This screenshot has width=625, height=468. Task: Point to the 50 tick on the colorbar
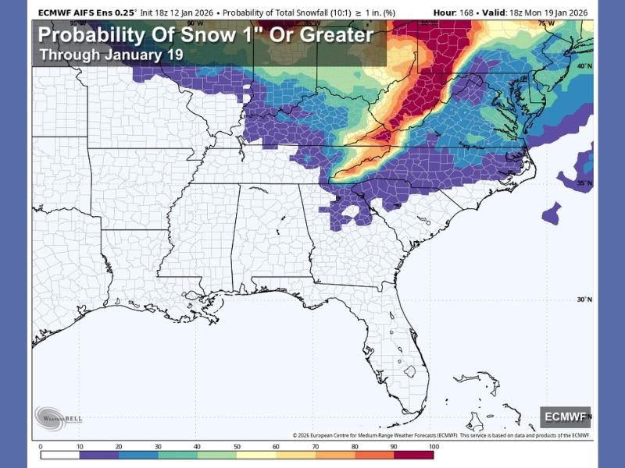[237, 446]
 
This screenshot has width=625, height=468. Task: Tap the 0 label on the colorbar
[40, 446]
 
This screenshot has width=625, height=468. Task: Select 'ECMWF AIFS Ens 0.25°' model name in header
[85, 11]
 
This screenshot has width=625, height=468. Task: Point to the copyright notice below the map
[441, 435]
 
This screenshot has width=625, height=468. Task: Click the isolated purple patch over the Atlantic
[552, 211]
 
